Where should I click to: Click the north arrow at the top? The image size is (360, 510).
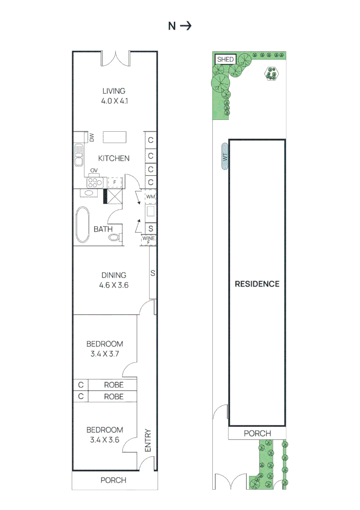coord(186,26)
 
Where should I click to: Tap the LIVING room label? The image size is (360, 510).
coord(114,91)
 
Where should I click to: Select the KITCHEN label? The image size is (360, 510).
coord(114,158)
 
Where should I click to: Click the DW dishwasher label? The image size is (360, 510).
coord(92,137)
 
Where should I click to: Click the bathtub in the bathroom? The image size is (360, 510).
coord(83,225)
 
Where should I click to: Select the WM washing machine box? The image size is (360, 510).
coord(151,196)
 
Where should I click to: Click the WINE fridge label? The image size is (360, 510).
coord(148,238)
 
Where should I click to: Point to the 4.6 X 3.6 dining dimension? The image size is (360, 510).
coord(114,285)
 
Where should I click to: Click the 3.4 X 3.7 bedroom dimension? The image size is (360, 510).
coord(105,354)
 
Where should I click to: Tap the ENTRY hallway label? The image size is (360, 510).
coord(148,441)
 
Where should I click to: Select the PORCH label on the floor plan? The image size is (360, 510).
coord(114,480)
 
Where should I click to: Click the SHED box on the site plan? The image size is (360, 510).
coord(226,59)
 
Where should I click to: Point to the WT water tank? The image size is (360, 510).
coord(225,156)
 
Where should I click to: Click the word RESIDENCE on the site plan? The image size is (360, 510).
coord(257,284)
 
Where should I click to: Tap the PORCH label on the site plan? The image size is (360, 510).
coord(257,433)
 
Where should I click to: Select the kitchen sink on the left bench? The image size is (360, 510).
coord(78,155)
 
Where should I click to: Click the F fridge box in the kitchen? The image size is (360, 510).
coord(114,182)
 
